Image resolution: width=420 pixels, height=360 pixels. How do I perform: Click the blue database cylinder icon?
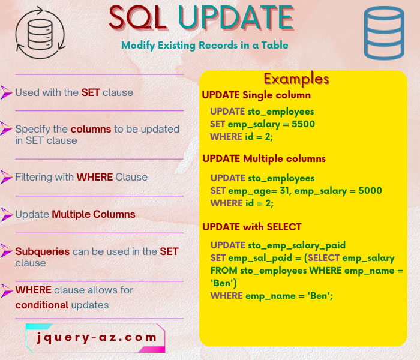(x=385, y=34)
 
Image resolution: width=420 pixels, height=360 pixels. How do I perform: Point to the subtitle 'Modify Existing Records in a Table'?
(x=204, y=45)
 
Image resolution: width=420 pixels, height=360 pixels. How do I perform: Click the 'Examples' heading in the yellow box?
(x=296, y=79)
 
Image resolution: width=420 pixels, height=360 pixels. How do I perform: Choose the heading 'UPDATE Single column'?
(x=256, y=95)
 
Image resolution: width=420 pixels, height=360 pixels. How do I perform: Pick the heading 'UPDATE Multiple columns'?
(x=264, y=159)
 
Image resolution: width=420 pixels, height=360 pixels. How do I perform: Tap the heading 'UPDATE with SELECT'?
(x=252, y=227)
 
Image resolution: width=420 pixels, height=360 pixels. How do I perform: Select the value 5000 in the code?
(x=370, y=191)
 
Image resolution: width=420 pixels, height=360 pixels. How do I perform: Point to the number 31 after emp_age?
(x=280, y=191)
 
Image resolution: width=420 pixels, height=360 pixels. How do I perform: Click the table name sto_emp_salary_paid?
(x=296, y=245)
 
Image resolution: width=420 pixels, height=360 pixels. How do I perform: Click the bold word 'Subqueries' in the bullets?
(x=42, y=251)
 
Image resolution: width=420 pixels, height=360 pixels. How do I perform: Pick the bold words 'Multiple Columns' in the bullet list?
(x=94, y=214)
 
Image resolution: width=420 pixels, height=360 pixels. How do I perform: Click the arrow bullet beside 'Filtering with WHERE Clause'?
(x=7, y=177)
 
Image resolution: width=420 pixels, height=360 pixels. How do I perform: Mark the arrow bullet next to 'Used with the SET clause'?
(x=7, y=92)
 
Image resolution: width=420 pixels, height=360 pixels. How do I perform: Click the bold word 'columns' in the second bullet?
(x=91, y=129)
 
